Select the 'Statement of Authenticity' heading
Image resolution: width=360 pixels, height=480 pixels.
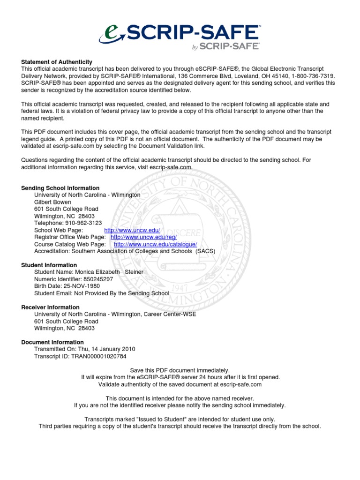[x=57, y=62]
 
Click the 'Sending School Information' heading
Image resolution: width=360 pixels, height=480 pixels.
[x=60, y=188]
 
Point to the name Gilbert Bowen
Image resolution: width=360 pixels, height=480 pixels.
[x=53, y=202]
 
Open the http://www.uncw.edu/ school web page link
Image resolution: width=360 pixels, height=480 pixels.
[x=132, y=230]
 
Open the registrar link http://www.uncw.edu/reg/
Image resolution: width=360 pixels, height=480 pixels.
[x=143, y=237]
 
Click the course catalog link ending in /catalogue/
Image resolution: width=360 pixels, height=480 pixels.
[x=156, y=244]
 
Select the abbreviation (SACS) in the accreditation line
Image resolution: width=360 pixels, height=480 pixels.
[x=206, y=251]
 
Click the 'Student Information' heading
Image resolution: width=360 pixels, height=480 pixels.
[x=49, y=265]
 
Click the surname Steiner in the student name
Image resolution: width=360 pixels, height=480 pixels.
[x=134, y=272]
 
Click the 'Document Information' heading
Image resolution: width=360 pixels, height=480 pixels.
[x=52, y=342]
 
